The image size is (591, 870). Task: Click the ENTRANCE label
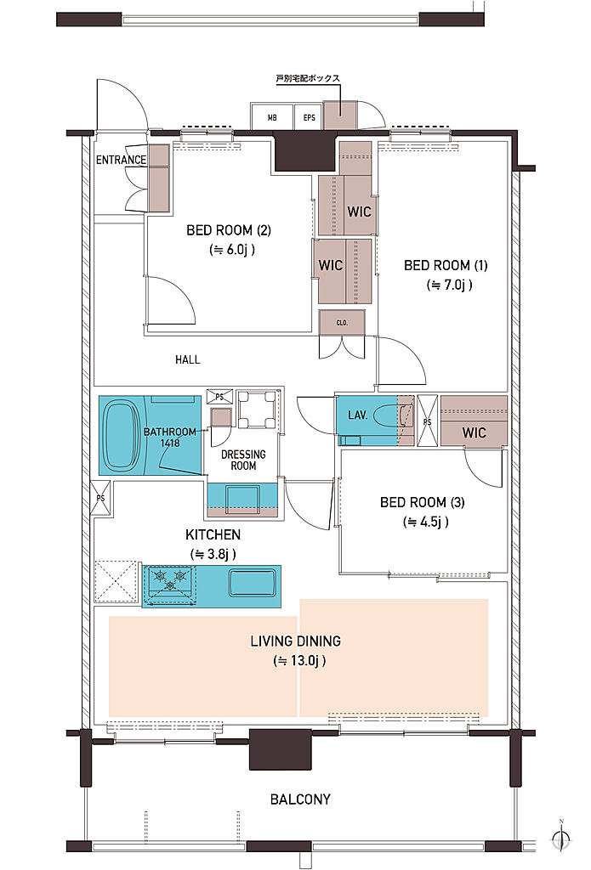click(x=121, y=160)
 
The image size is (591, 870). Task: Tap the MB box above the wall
click(x=271, y=117)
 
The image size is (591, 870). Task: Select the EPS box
click(x=309, y=117)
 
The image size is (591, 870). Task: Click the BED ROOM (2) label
click(x=229, y=229)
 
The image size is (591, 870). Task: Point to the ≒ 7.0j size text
click(x=449, y=285)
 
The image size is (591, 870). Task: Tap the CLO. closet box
click(x=342, y=322)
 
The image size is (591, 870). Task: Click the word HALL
click(x=188, y=359)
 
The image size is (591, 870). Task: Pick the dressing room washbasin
click(x=242, y=499)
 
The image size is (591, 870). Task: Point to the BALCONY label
click(x=300, y=799)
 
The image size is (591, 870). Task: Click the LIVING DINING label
click(x=296, y=641)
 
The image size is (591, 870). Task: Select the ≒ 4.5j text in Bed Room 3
click(x=426, y=523)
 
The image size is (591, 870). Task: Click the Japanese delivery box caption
click(x=309, y=79)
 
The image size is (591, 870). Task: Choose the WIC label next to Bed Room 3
click(x=474, y=432)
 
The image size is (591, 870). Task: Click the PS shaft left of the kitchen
click(x=100, y=498)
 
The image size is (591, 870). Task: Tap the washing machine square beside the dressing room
click(x=257, y=410)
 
